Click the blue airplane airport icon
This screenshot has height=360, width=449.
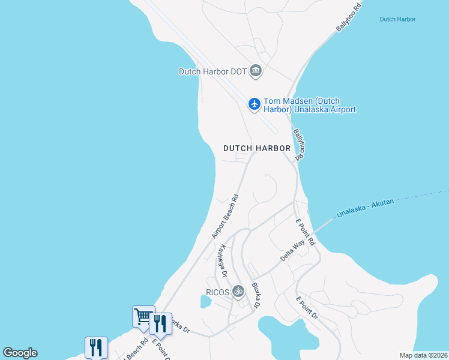coord(255,104)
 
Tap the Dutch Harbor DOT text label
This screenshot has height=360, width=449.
coord(212,71)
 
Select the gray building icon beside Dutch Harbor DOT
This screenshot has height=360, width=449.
coord(256,71)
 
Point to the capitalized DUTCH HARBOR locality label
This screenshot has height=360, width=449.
coord(257,148)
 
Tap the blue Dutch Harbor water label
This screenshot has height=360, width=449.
coord(397,19)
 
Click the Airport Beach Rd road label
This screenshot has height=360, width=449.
coord(225,216)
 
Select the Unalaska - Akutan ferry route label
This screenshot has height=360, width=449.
coord(365,208)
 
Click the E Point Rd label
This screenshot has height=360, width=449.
coord(305,232)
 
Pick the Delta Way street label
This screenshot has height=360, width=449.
coord(293,251)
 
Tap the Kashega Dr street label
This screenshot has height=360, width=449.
coord(223,260)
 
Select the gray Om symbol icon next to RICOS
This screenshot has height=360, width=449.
coord(238,292)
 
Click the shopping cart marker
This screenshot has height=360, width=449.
coord(143,315)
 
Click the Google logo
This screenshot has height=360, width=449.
coord(20,353)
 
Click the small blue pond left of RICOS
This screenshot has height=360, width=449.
coord(204,302)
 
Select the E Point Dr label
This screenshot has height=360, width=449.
coord(307,307)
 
